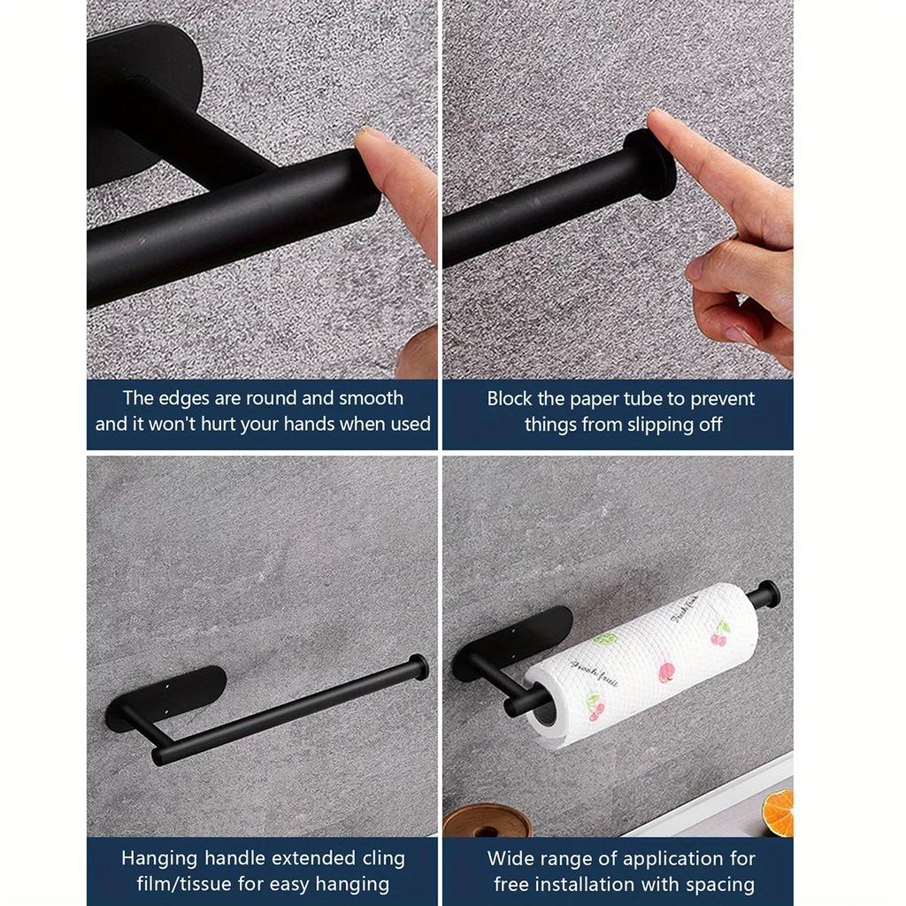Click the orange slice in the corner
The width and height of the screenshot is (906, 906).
point(779,813)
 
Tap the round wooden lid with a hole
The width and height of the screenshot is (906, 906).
point(487,822)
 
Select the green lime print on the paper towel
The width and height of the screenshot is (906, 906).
point(604,638)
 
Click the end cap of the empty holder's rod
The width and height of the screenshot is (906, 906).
point(418,666)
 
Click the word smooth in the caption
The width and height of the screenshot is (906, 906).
point(371,398)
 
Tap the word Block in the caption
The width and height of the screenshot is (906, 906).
point(511,398)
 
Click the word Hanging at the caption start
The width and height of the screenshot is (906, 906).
point(160,858)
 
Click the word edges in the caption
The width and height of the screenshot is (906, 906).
point(181,398)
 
